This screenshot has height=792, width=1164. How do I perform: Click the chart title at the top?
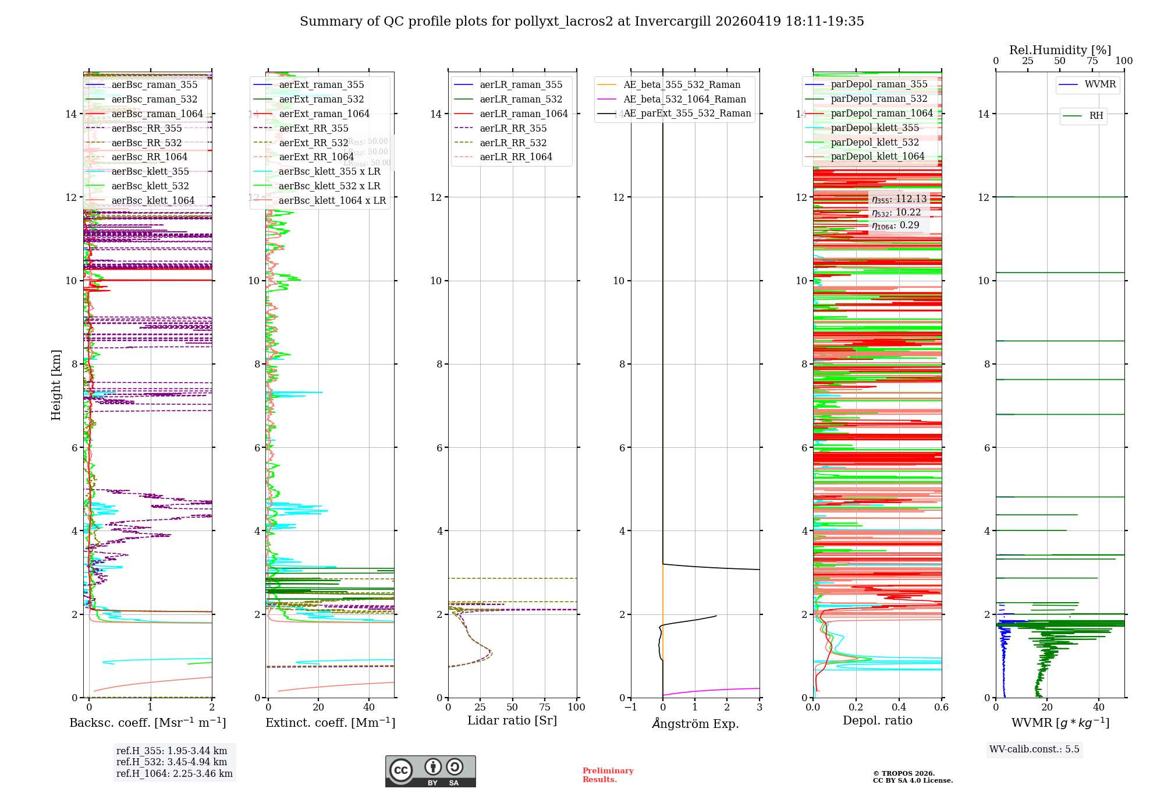581,22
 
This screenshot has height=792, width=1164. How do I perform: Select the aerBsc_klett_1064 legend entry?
152,200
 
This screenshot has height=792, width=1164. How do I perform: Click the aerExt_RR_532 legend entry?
313,143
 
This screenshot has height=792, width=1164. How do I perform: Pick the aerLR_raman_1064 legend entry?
523,114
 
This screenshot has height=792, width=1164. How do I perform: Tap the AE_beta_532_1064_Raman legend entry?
684,99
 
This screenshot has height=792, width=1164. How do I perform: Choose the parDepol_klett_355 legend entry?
874,128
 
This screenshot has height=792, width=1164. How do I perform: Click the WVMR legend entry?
1099,84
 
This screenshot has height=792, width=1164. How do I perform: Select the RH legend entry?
1095,116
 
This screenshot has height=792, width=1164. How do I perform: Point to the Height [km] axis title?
56,384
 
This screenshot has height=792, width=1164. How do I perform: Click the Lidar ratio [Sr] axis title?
512,720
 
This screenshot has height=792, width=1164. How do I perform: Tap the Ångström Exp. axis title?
695,723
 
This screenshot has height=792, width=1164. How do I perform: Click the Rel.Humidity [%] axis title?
1060,50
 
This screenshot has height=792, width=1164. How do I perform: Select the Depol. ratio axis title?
877,720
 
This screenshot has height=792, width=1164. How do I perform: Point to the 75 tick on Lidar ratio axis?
545,707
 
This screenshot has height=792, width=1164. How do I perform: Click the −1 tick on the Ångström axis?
630,707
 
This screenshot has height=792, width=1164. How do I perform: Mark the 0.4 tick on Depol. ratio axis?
899,707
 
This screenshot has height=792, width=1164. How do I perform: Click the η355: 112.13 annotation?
899,199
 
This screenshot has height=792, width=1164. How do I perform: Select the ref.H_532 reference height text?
172,762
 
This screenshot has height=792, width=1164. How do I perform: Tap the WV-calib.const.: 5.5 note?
1034,749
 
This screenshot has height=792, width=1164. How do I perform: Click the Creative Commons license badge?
430,771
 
